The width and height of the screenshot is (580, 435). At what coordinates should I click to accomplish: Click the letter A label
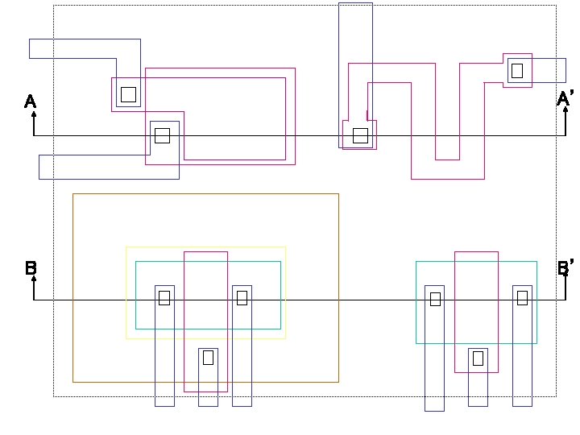point(30,101)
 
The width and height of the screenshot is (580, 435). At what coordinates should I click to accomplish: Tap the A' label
point(565,98)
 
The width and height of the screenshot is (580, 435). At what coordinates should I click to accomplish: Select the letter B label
point(31,268)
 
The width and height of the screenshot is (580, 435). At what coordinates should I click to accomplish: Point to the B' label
point(565,268)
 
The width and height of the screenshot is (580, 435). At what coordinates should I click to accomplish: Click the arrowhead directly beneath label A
point(34,114)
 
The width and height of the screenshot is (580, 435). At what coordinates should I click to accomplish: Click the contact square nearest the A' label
point(516,70)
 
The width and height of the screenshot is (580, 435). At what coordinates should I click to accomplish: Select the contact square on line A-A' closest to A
point(162,135)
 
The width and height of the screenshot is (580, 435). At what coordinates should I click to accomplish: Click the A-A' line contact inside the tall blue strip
point(360,135)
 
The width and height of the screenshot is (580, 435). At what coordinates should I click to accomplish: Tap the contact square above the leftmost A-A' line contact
point(128,94)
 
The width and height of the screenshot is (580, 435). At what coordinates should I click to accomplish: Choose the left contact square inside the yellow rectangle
point(164,298)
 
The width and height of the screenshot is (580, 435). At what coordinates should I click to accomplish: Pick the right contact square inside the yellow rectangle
point(242,298)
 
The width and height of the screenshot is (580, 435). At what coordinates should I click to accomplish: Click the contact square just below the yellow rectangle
point(208,357)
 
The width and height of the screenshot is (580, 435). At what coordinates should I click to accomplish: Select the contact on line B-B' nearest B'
point(522,298)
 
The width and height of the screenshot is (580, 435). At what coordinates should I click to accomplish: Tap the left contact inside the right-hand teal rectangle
point(435,299)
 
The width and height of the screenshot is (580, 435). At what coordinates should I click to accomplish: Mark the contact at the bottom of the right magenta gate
point(478,358)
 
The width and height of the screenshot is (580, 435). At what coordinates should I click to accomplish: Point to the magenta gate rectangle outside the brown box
point(476,274)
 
